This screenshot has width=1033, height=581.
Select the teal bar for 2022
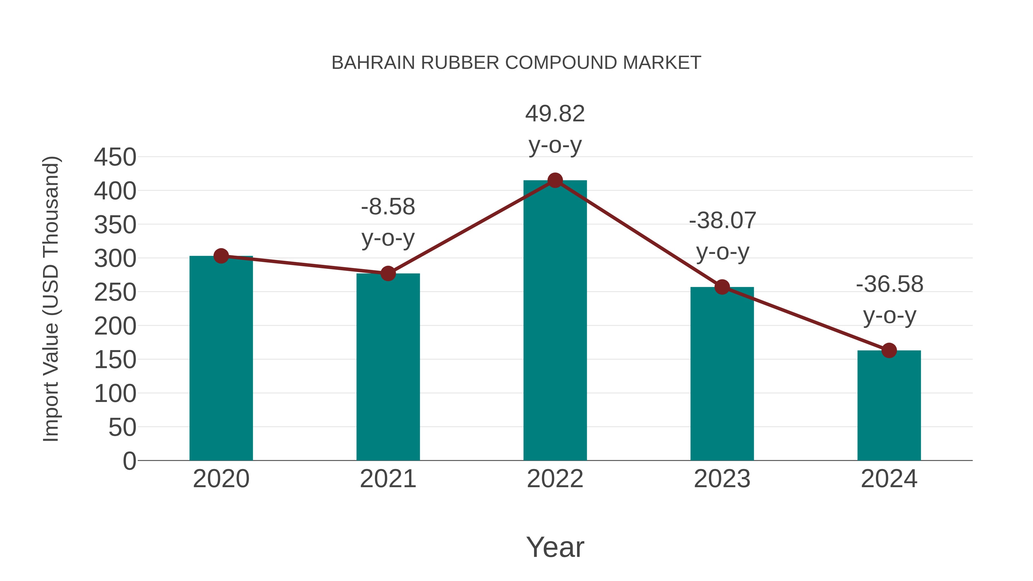(x=555, y=321)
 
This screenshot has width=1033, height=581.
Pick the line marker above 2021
(x=388, y=273)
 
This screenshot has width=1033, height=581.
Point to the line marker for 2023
(x=722, y=287)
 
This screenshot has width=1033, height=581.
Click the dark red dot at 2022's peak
(x=555, y=180)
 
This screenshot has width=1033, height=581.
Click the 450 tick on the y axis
(x=115, y=157)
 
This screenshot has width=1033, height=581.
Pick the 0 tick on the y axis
(x=129, y=461)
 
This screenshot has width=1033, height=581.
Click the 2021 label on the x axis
(x=388, y=479)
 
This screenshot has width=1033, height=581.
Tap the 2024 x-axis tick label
(x=889, y=479)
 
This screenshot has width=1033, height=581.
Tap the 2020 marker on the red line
(x=221, y=256)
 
